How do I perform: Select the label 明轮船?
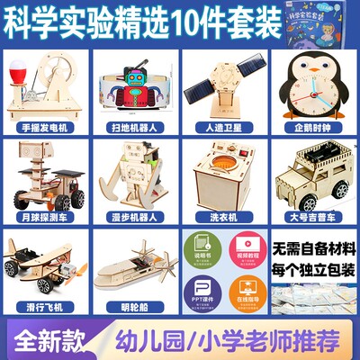(134, 308)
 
